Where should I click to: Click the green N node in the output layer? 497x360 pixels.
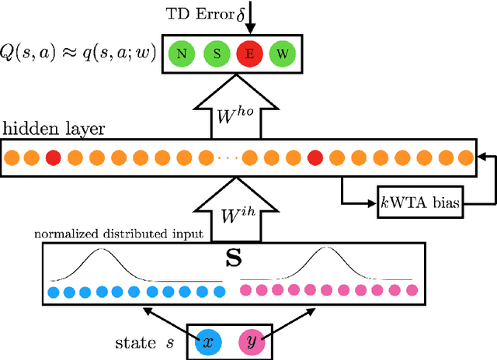(181, 55)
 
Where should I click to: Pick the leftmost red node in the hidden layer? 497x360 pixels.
(53, 157)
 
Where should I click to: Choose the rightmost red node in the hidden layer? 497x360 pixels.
(315, 157)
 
